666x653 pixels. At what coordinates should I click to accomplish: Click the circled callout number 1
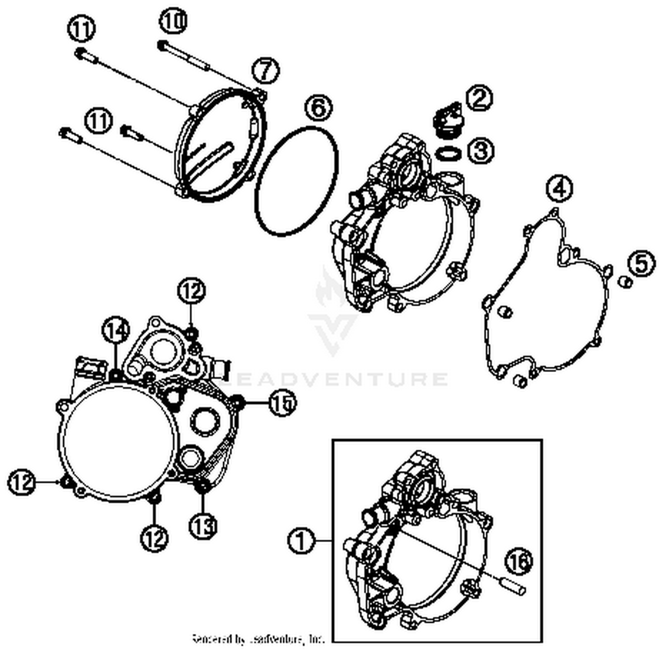(301, 541)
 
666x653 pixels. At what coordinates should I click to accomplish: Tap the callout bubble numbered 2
(479, 99)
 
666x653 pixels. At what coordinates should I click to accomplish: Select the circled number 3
(480, 150)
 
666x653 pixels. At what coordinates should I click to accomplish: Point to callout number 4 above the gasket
(559, 189)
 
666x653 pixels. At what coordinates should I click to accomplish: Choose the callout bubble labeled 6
(318, 107)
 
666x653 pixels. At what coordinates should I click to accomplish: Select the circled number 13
(203, 526)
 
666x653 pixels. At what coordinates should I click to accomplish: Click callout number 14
(116, 331)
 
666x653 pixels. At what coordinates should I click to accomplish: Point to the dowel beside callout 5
(625, 282)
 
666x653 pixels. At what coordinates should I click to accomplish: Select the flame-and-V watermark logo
(333, 311)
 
